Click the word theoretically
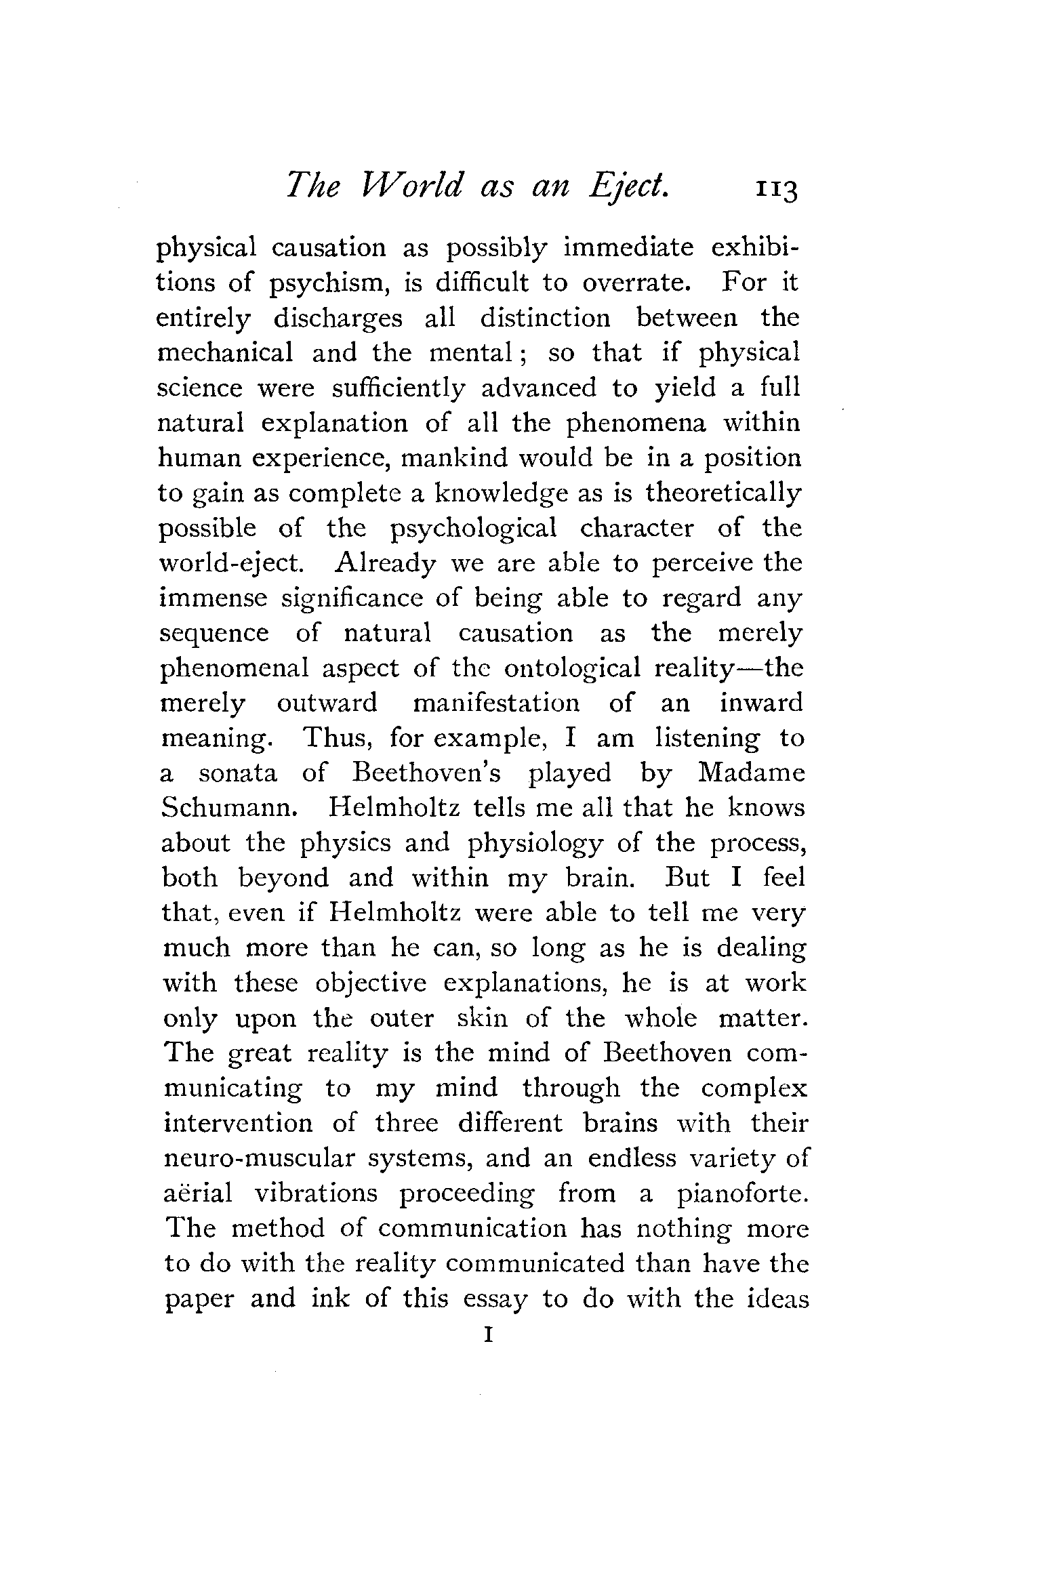coord(723,493)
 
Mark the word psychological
coord(474,529)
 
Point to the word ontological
coord(572,669)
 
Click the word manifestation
coord(496,703)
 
